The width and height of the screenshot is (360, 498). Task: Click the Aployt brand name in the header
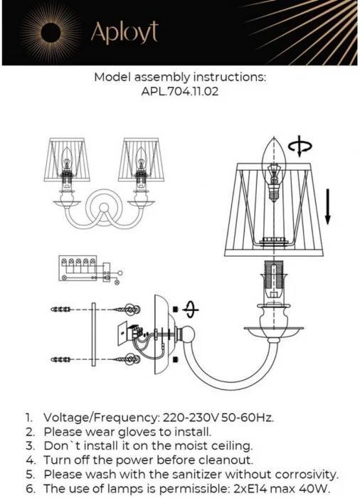tap(125, 33)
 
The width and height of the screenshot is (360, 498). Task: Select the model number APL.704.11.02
tap(180, 92)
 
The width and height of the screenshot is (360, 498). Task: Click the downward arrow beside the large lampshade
tap(328, 207)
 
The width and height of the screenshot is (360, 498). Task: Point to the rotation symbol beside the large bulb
tap(300, 147)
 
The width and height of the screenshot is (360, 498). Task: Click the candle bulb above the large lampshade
tap(274, 169)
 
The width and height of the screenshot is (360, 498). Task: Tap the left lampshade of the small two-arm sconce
tap(67, 160)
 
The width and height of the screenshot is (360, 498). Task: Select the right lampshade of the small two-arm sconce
tap(142, 160)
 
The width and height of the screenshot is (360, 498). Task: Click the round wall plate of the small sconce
tap(103, 208)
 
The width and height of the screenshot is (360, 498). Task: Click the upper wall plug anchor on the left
tap(61, 309)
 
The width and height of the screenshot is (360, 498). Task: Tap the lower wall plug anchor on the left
tap(61, 360)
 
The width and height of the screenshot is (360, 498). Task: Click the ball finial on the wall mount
tap(187, 334)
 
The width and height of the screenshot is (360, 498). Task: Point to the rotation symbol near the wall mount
tap(191, 309)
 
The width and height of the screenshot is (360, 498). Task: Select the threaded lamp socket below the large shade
tap(274, 279)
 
